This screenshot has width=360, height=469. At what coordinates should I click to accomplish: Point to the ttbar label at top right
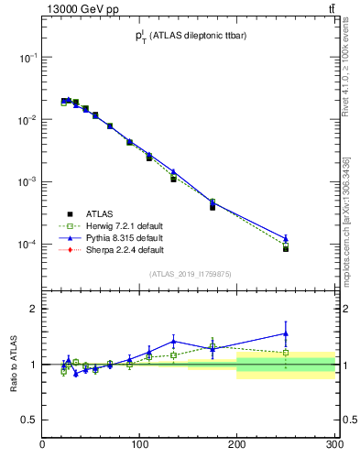pyautogui.click(x=330, y=8)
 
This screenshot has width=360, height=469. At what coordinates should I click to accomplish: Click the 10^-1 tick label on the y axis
pyautogui.click(x=27, y=57)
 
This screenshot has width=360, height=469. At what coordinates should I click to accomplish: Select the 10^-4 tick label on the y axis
pyautogui.click(x=27, y=245)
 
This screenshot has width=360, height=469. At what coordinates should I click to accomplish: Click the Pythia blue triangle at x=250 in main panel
pyautogui.click(x=286, y=238)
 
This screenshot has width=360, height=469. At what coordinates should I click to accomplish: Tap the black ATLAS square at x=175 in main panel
pyautogui.click(x=213, y=207)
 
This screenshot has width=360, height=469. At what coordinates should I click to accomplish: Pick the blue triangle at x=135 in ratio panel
pyautogui.click(x=173, y=342)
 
